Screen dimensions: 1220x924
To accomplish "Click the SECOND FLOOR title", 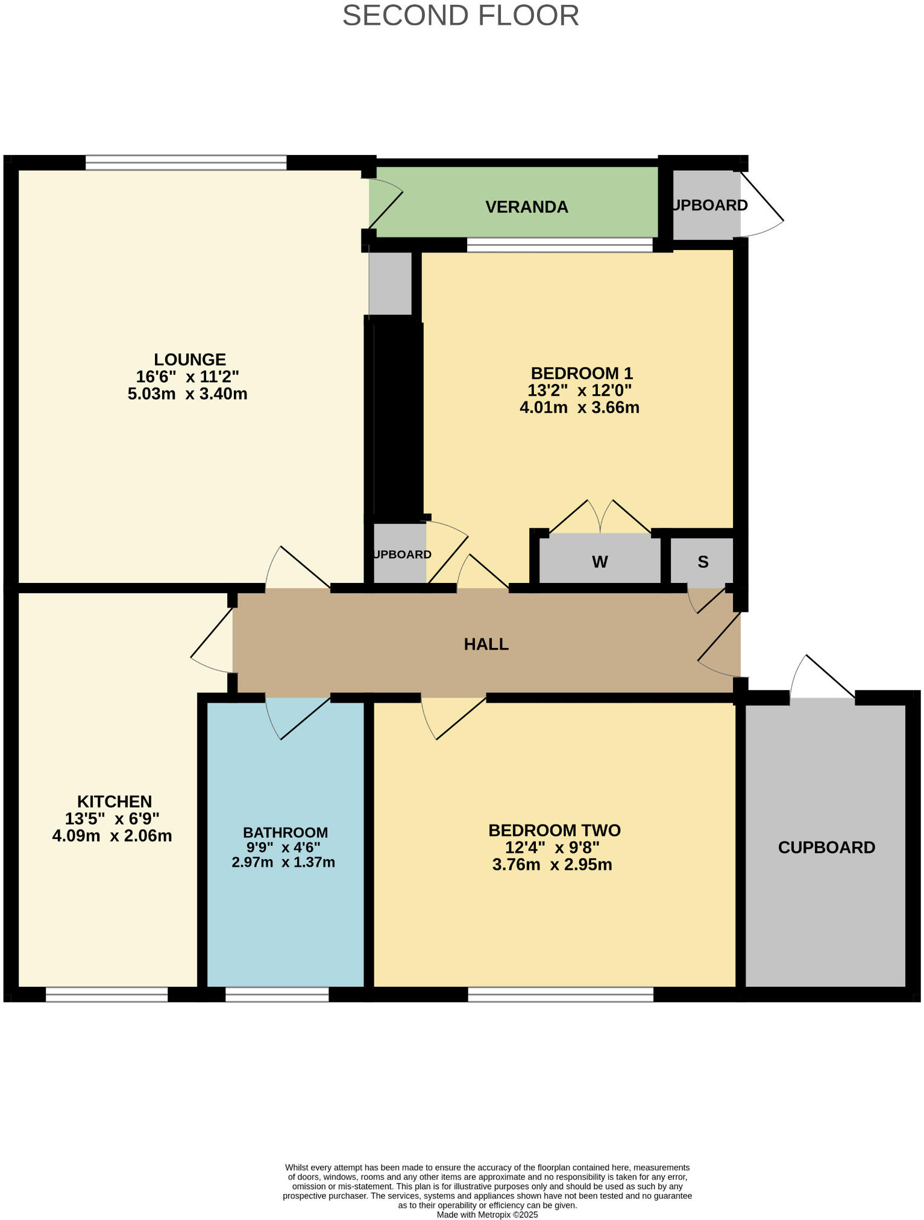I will (460, 16).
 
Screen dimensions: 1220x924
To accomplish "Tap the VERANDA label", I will (526, 207).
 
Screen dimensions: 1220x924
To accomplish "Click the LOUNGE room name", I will (190, 359).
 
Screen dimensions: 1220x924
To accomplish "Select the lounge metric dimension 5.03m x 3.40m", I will (187, 394).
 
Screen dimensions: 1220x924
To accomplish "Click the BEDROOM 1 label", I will (581, 373).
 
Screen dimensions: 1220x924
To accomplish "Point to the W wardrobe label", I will (599, 562).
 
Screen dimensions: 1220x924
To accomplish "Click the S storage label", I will (703, 562).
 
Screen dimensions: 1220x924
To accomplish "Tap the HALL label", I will (486, 644).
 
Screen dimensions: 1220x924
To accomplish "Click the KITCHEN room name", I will (115, 802).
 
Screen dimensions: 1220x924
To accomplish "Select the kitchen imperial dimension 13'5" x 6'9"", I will (112, 819).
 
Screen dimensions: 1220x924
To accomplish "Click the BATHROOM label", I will (285, 832).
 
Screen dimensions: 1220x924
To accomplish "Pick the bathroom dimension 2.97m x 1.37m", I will (283, 863).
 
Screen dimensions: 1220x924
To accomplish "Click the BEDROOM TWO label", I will (554, 831).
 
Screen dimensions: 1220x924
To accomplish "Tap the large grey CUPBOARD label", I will (826, 847).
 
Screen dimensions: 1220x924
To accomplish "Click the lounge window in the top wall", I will (186, 163).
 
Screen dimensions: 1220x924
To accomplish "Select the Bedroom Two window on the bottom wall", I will (561, 995).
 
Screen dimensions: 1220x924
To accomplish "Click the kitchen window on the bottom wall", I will (107, 995).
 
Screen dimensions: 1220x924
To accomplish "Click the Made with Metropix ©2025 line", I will (487, 1215).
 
